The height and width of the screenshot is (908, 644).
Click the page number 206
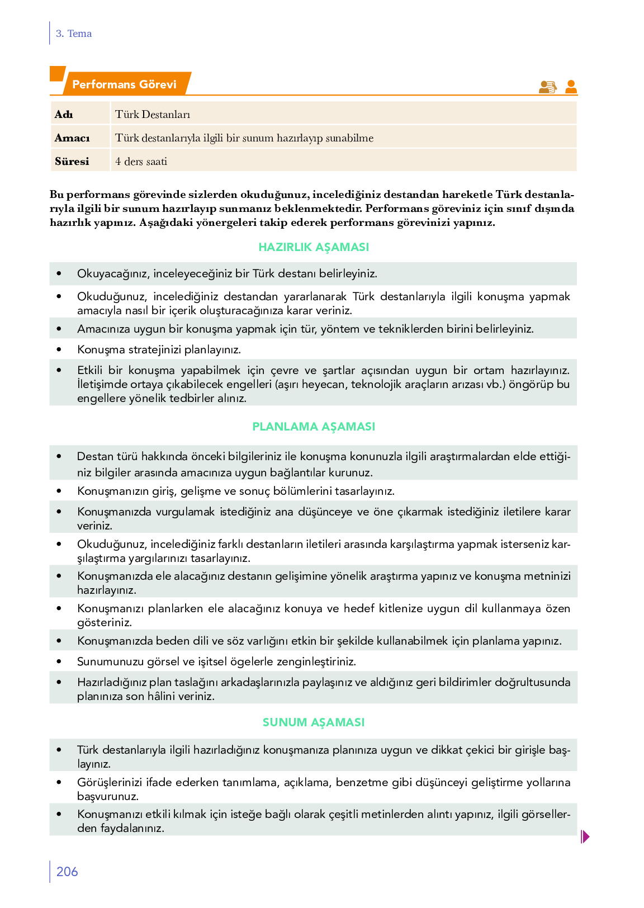67,872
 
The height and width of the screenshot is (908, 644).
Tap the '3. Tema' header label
74,34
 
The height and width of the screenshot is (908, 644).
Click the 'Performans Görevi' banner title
124,84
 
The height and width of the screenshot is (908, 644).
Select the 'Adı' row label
64,115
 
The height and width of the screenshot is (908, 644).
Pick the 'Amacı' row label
72,138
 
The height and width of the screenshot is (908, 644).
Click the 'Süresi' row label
72,162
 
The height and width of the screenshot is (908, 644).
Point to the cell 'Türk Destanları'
153,115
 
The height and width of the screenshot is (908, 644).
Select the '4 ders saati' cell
141,162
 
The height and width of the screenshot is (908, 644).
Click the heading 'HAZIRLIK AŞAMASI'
314,247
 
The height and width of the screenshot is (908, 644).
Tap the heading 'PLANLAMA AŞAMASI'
314,427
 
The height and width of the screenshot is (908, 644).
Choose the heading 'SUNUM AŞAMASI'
314,722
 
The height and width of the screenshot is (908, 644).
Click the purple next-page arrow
585,836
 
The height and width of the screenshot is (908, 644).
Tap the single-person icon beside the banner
571,87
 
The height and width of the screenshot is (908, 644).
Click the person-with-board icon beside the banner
547,87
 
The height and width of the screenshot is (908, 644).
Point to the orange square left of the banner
57,73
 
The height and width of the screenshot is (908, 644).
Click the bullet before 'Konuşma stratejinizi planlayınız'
59,349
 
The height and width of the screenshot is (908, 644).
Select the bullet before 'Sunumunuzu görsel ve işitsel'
59,661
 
